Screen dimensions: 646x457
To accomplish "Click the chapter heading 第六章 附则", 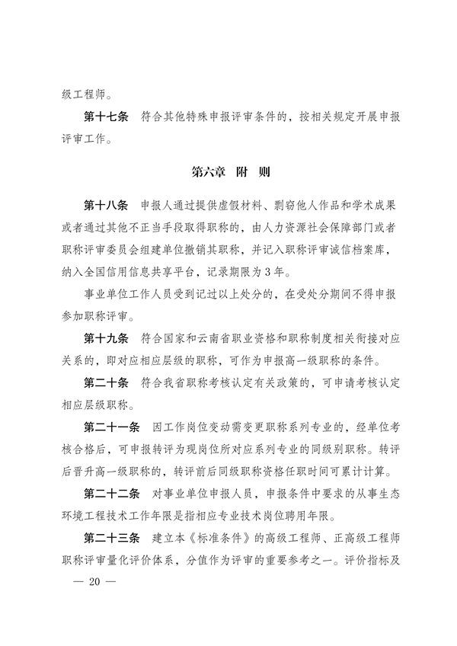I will tap(228, 172).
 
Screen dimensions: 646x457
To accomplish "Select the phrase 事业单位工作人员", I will tap(132, 293).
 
